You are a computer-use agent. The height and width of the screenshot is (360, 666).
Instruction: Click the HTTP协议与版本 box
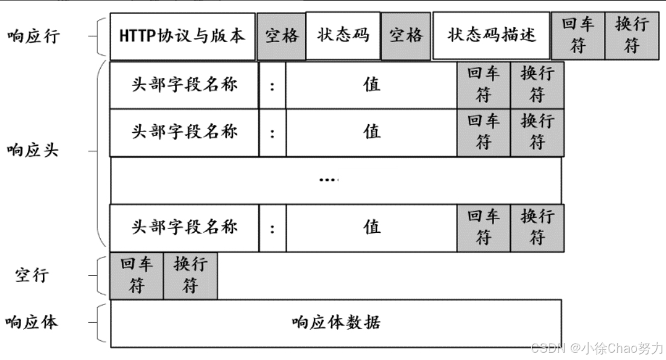click(x=182, y=36)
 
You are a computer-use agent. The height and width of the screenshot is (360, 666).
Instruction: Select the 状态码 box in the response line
click(x=343, y=36)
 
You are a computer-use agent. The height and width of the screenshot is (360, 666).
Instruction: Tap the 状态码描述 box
click(x=491, y=36)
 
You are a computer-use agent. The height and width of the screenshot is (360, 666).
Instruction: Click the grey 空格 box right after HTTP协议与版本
click(x=282, y=36)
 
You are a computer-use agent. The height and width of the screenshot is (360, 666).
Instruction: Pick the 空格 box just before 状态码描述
click(x=405, y=36)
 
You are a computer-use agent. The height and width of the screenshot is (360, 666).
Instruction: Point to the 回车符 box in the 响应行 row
click(x=578, y=36)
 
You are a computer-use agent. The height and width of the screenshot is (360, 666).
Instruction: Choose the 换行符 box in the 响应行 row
click(x=632, y=36)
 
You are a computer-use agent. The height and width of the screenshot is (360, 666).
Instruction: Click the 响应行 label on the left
click(x=33, y=36)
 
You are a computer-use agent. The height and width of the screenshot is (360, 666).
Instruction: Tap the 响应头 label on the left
click(x=33, y=150)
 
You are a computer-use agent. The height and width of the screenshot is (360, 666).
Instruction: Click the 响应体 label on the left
click(x=33, y=323)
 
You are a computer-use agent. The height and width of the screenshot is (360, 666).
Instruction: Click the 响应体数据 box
click(x=336, y=323)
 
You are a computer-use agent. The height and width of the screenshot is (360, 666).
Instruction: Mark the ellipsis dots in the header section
click(x=329, y=180)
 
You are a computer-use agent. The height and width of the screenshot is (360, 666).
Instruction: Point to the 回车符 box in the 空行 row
click(x=136, y=276)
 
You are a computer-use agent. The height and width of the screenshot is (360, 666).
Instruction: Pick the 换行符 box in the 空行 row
click(x=190, y=276)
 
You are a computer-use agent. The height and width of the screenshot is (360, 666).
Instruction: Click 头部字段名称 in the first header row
click(x=185, y=84)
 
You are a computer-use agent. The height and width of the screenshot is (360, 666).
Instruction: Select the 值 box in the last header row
click(x=372, y=227)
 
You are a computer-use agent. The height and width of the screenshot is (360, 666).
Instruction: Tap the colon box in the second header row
click(x=273, y=133)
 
